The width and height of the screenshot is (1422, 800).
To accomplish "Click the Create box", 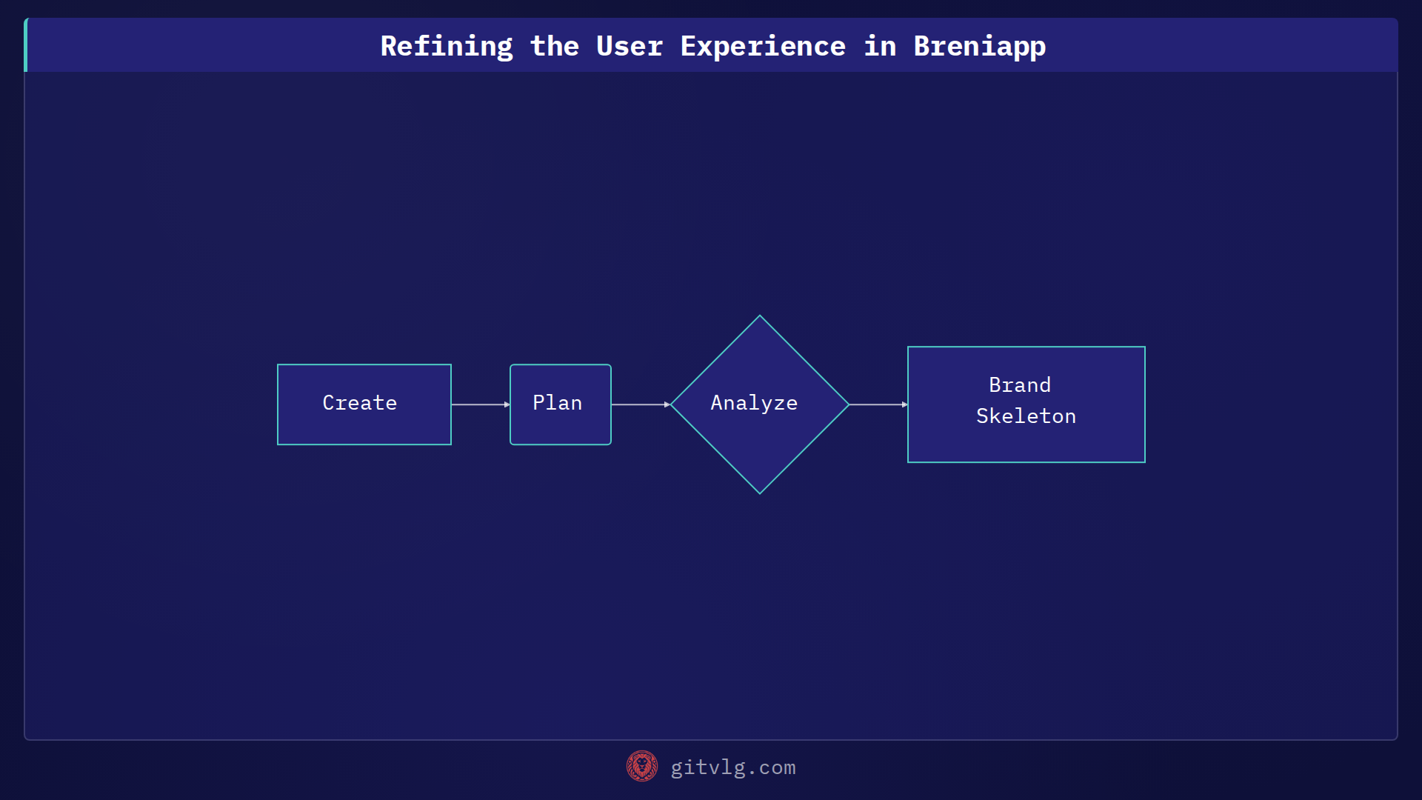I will pos(364,404).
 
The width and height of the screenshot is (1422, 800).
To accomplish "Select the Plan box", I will pos(560,404).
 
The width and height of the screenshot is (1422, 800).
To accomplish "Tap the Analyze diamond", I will pos(759,404).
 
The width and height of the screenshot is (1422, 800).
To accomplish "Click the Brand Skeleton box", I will pos(1026,404).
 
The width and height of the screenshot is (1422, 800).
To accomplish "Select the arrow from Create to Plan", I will pos(480,404).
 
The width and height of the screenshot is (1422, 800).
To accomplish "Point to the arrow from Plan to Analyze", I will pos(640,404).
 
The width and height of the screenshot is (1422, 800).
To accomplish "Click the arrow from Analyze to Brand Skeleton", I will pos(878,404).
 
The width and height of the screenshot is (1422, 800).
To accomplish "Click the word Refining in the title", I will pos(446,46).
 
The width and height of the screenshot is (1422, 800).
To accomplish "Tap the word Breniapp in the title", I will pos(979,46).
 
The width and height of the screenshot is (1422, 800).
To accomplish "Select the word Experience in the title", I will pos(762,46).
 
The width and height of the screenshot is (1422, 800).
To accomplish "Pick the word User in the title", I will pos(629,46).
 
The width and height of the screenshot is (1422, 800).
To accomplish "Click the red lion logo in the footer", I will pos(641,766).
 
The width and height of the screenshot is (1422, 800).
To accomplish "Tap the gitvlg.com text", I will pos(732,767).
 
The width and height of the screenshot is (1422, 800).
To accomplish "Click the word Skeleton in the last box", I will pos(1026,416).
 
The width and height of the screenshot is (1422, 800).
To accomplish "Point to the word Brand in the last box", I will pos(1019,385).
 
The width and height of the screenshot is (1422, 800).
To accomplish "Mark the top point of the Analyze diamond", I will pos(759,317).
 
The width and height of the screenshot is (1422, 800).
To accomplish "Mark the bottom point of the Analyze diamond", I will pos(759,492).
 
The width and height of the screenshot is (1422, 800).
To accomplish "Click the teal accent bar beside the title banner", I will pos(26,45).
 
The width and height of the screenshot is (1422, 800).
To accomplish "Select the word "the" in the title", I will pos(554,46).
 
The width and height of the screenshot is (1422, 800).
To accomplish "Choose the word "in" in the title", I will pos(879,46).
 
